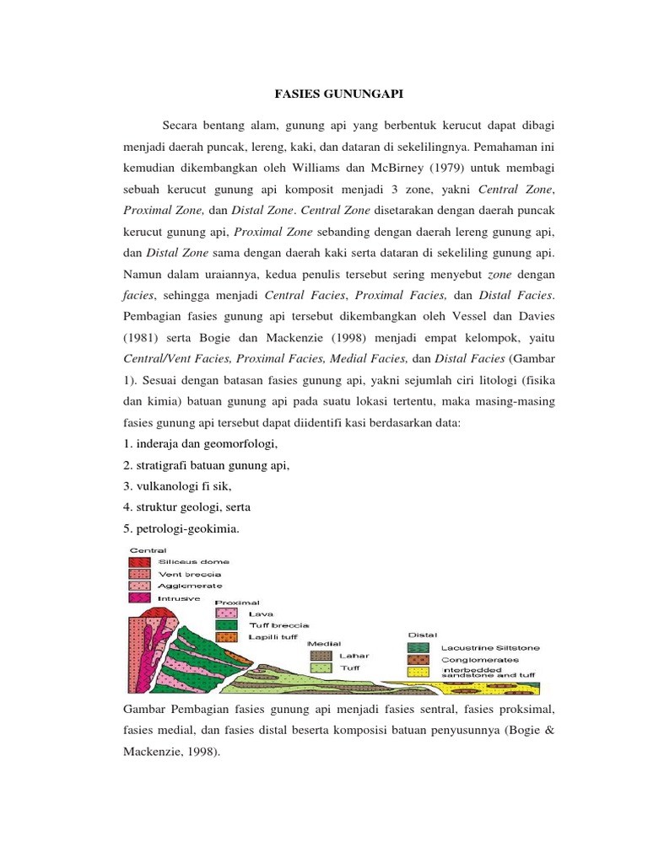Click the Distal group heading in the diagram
point(421,635)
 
